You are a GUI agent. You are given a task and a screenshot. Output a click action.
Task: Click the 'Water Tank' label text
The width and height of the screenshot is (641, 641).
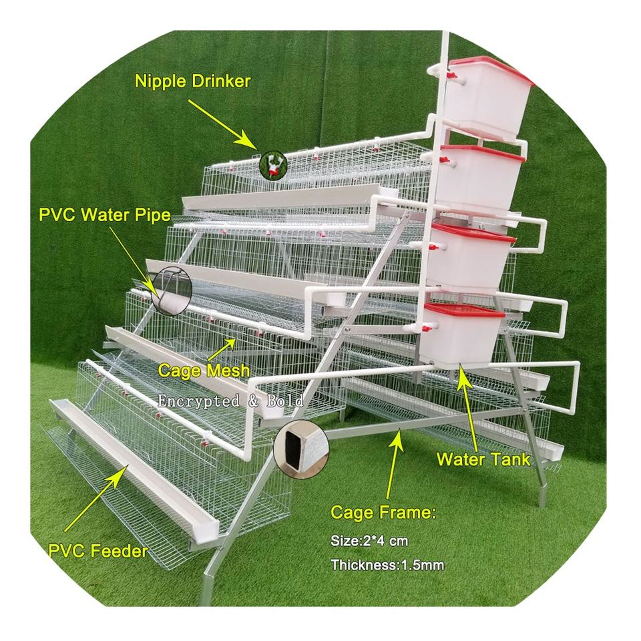coord(483,459)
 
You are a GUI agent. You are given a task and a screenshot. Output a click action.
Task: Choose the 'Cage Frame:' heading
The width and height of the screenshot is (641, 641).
coord(383,513)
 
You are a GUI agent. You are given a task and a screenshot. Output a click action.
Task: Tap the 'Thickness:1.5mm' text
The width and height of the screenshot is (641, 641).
coord(388,566)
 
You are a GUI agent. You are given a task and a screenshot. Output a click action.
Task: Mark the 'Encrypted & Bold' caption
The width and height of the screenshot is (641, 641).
coord(230,401)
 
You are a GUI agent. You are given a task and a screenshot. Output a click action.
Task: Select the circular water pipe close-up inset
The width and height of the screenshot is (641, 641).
coord(171,291)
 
